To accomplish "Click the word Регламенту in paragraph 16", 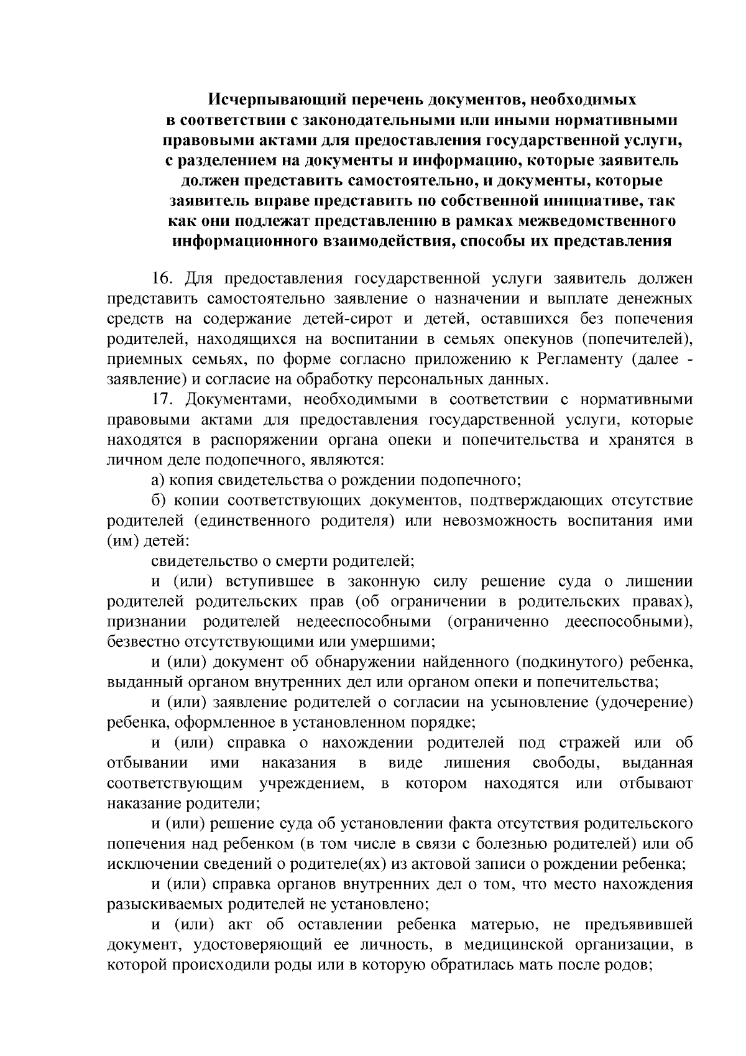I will click(579, 359).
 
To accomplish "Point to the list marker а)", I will click(159, 480).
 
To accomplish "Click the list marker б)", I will click(159, 501).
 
